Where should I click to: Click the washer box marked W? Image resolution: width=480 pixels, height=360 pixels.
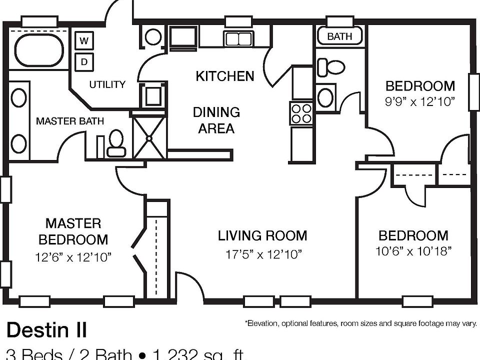[x=84, y=41]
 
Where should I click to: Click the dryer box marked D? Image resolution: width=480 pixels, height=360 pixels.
[x=84, y=62]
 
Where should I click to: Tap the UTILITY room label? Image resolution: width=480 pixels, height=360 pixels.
[x=107, y=84]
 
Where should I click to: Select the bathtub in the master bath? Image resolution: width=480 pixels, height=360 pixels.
[x=38, y=50]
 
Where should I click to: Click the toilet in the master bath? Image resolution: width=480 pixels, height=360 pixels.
[x=116, y=142]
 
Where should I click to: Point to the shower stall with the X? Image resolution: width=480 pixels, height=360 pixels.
[x=148, y=136]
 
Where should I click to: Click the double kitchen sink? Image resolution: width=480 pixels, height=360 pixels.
[x=238, y=39]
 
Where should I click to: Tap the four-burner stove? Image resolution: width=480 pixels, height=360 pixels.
[x=301, y=113]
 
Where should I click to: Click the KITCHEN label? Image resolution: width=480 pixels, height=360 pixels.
[x=224, y=76]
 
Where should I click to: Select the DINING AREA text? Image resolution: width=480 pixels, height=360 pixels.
[x=216, y=120]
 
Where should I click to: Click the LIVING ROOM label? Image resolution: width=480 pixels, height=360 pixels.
[x=262, y=235]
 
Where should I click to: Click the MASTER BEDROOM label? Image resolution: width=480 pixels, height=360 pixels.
[x=73, y=231]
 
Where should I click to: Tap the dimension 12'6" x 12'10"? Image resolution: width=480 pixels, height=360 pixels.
[x=73, y=257]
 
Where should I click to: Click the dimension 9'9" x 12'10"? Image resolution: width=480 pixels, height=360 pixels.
[x=420, y=101]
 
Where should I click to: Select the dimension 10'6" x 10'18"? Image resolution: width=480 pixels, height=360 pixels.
[x=413, y=251]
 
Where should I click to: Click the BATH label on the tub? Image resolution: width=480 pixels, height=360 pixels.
[x=339, y=36]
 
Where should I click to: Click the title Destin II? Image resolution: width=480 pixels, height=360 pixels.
[x=46, y=330]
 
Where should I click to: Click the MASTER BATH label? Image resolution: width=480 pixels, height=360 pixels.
[x=70, y=121]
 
